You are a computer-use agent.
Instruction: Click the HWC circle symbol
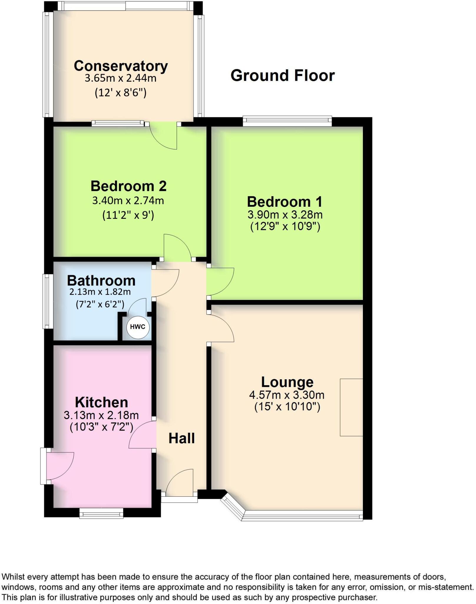(x=138, y=327)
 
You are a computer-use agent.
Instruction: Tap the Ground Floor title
(x=282, y=75)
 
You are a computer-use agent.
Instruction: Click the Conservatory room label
(x=121, y=66)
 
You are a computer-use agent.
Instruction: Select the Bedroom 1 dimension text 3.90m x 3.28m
(x=285, y=215)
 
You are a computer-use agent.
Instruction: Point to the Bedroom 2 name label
(x=128, y=186)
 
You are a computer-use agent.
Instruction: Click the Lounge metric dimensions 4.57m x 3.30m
(x=287, y=395)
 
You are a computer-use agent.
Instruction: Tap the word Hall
(x=181, y=439)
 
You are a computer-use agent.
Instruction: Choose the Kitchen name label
(x=101, y=402)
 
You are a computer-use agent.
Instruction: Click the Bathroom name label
(x=101, y=280)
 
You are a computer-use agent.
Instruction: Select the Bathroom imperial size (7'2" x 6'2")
(x=100, y=304)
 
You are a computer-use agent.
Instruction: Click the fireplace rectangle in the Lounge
(x=351, y=407)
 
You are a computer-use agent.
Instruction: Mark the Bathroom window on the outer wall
(x=47, y=301)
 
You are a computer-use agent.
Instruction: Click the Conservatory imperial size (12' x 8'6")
(x=120, y=93)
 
